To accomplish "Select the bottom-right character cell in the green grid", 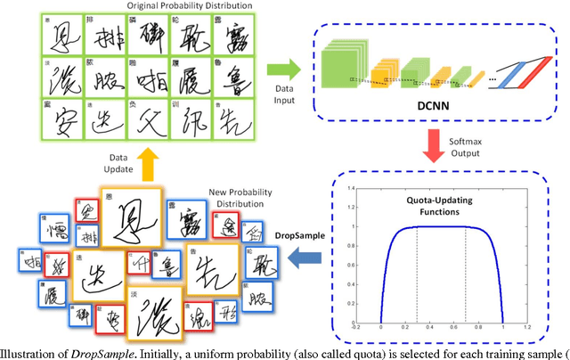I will [233, 117].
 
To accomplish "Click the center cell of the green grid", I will [148, 74].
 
